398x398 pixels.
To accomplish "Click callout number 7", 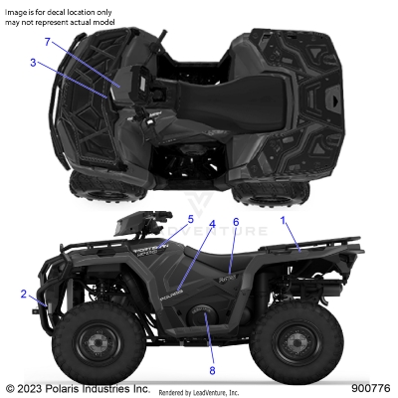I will pos(47,41).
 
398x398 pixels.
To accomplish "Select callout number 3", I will pos(33,63).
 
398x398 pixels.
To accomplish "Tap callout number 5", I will pos(190,218).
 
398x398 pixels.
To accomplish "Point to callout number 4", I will pos(211,225).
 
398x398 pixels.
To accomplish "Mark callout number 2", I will pos(23,294).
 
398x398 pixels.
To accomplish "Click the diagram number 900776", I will pos(369,387).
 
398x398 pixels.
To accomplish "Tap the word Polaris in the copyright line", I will pos(70,387).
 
